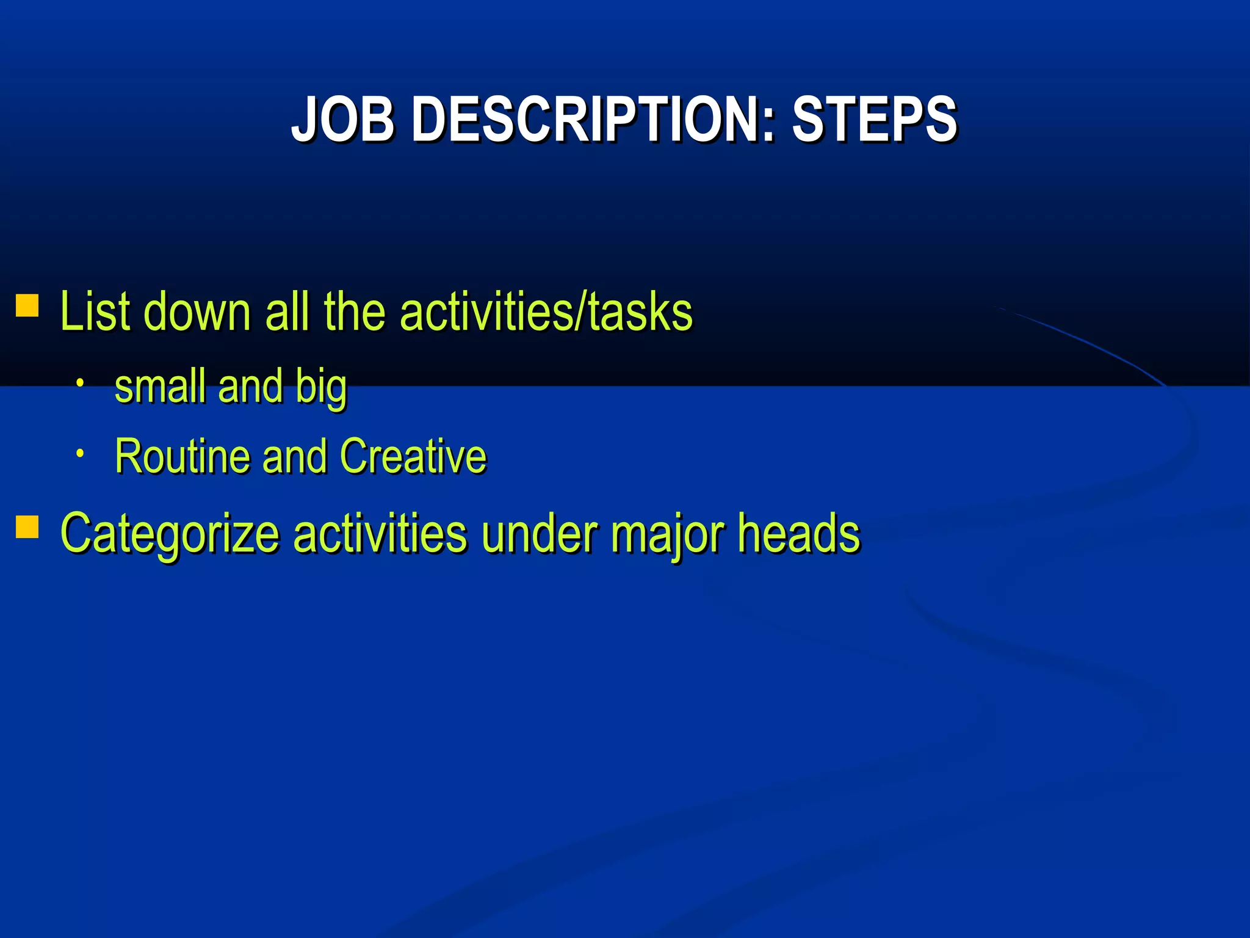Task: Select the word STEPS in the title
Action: (874, 120)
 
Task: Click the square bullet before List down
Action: (27, 305)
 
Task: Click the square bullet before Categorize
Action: (27, 526)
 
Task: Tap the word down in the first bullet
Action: (197, 313)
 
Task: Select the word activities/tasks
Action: (546, 313)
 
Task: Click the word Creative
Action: (413, 456)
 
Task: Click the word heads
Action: (798, 534)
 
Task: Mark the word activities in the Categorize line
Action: (380, 534)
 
